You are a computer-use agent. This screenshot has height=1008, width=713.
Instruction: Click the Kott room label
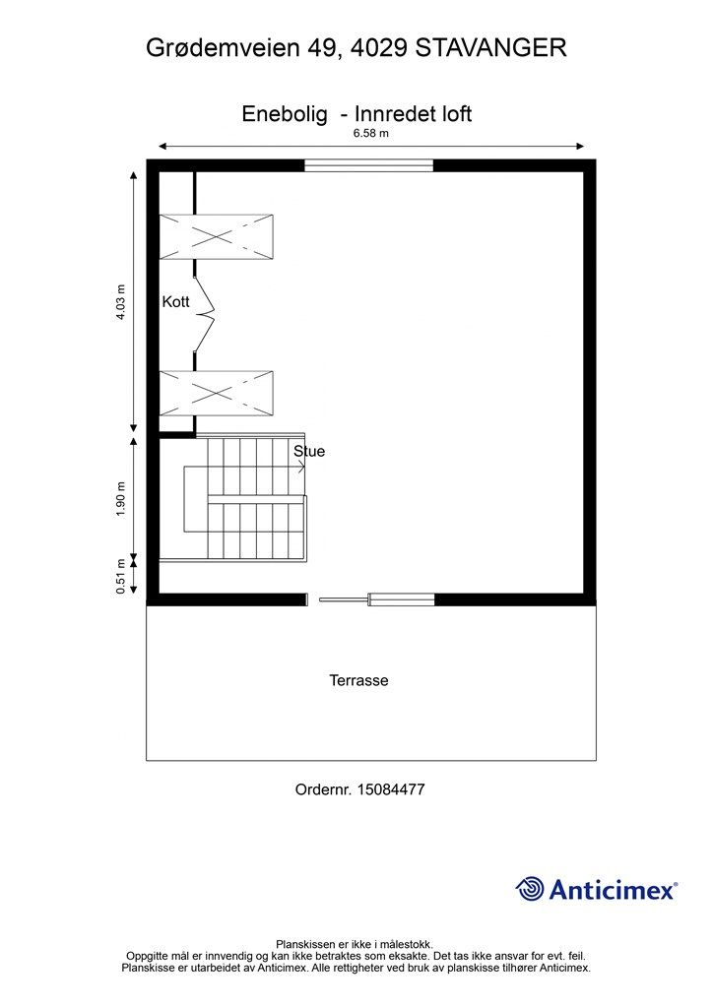175,301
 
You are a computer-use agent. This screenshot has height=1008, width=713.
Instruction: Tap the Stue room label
309,451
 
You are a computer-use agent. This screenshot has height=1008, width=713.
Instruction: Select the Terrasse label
358,680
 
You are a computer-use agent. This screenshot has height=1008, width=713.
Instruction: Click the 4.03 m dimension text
121,302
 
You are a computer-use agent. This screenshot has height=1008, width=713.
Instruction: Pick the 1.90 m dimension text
121,499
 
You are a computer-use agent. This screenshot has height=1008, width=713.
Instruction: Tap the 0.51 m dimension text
121,576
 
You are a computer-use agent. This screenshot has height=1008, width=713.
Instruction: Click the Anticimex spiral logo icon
530,889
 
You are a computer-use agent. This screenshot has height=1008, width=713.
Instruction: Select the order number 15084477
391,789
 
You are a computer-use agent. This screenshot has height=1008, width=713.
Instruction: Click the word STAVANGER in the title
491,48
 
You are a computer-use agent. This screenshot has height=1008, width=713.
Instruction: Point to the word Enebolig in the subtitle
285,114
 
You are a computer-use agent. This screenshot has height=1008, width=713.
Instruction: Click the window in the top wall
369,165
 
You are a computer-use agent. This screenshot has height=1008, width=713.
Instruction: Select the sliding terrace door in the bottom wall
377,599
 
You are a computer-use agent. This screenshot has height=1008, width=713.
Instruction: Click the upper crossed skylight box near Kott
216,237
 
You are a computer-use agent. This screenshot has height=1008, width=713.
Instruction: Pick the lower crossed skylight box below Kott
216,394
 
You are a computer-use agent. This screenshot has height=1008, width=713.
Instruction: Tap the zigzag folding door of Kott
205,314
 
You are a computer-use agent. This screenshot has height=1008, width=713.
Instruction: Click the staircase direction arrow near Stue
300,467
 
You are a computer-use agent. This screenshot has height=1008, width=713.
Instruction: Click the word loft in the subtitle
457,114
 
